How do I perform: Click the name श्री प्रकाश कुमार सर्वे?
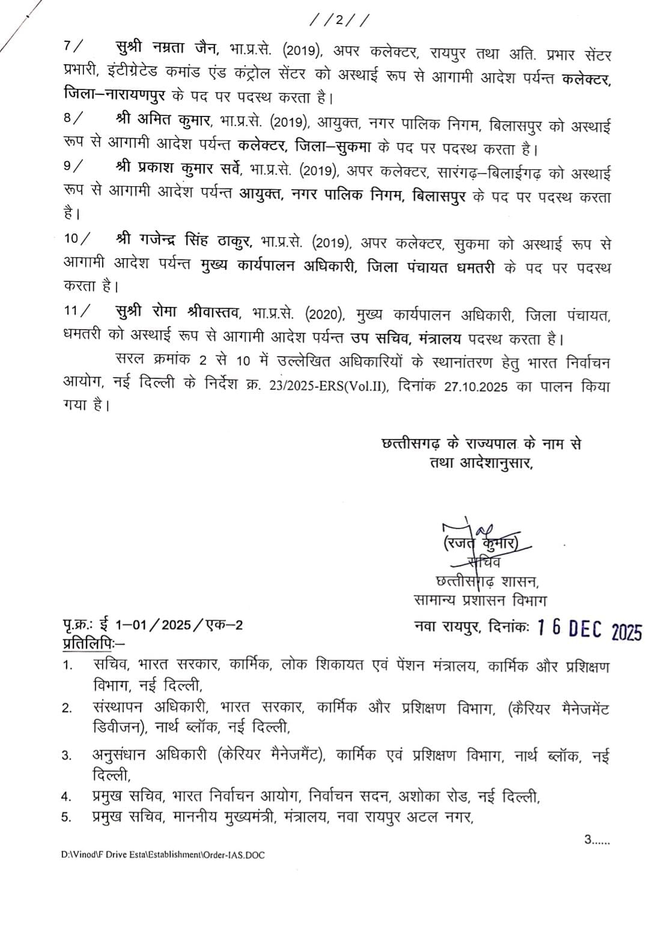178,171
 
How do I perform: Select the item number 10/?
77,239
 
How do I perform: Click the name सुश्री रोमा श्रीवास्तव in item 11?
178,312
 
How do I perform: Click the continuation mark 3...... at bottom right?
597,840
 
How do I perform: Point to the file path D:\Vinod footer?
162,855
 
